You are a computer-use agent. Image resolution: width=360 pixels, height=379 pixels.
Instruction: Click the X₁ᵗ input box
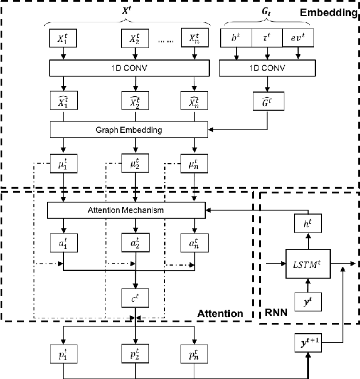pos(63,39)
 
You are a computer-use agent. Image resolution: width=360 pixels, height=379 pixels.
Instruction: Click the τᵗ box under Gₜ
pos(267,38)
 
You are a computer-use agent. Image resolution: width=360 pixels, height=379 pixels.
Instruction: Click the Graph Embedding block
pos(128,129)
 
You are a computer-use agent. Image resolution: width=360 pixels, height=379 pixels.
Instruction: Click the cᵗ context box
pos(135,297)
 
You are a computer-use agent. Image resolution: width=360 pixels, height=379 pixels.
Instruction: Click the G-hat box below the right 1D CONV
pos(267,104)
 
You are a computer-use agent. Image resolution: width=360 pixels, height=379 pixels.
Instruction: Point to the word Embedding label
pos(331,11)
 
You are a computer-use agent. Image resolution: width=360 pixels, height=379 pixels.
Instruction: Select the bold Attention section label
pos(220,313)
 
